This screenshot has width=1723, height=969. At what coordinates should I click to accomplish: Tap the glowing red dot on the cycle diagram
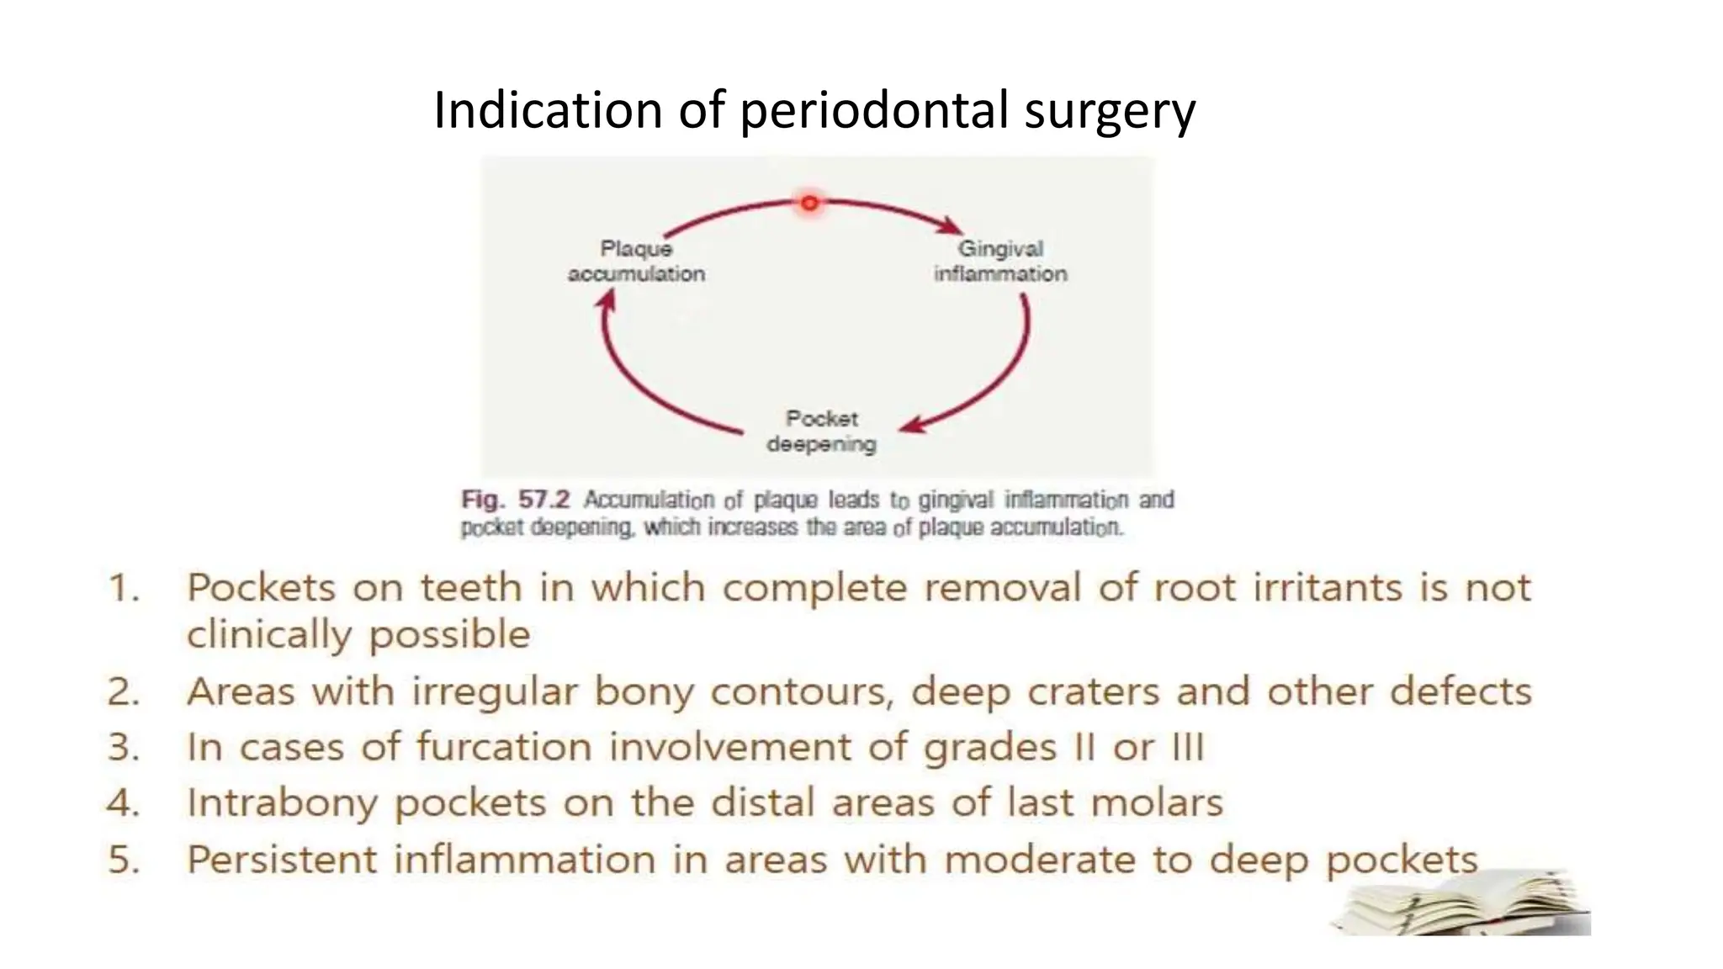tap(809, 203)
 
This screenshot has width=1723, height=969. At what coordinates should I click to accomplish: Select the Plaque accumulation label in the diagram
tap(636, 261)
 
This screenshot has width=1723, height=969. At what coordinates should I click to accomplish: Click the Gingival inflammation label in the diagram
tap(1000, 261)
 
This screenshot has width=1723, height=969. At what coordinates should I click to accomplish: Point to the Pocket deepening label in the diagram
tap(822, 431)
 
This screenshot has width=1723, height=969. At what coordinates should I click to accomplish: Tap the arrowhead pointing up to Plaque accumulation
tap(606, 299)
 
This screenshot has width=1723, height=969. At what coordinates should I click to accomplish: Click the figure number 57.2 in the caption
tap(543, 500)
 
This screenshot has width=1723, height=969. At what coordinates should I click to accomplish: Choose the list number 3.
tap(124, 747)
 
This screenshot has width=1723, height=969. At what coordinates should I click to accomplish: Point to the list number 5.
tap(124, 860)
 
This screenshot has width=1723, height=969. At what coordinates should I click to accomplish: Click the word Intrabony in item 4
tap(282, 803)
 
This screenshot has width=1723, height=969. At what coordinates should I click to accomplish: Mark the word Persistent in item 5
tap(282, 860)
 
